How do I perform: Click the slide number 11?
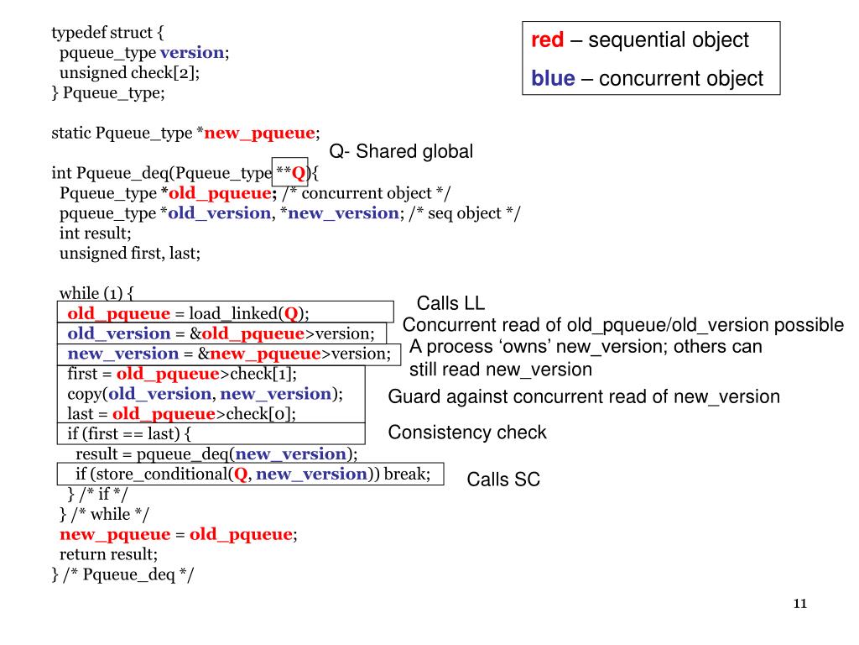tap(799, 605)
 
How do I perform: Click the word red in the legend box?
tap(547, 39)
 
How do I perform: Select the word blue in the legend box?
tap(553, 79)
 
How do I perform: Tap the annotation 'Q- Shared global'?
tap(401, 151)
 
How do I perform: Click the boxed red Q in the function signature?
tap(298, 174)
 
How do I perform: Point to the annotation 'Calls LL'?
tap(450, 303)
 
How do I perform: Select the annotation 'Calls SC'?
tap(503, 480)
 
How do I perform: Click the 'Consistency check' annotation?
tap(467, 433)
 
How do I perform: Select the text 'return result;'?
tap(108, 554)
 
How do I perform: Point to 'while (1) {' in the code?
tap(96, 293)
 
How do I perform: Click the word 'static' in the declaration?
tap(71, 133)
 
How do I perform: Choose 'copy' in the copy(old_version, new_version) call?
tap(84, 394)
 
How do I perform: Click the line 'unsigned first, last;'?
tap(130, 253)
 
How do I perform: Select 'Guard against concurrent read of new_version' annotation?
tap(584, 396)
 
